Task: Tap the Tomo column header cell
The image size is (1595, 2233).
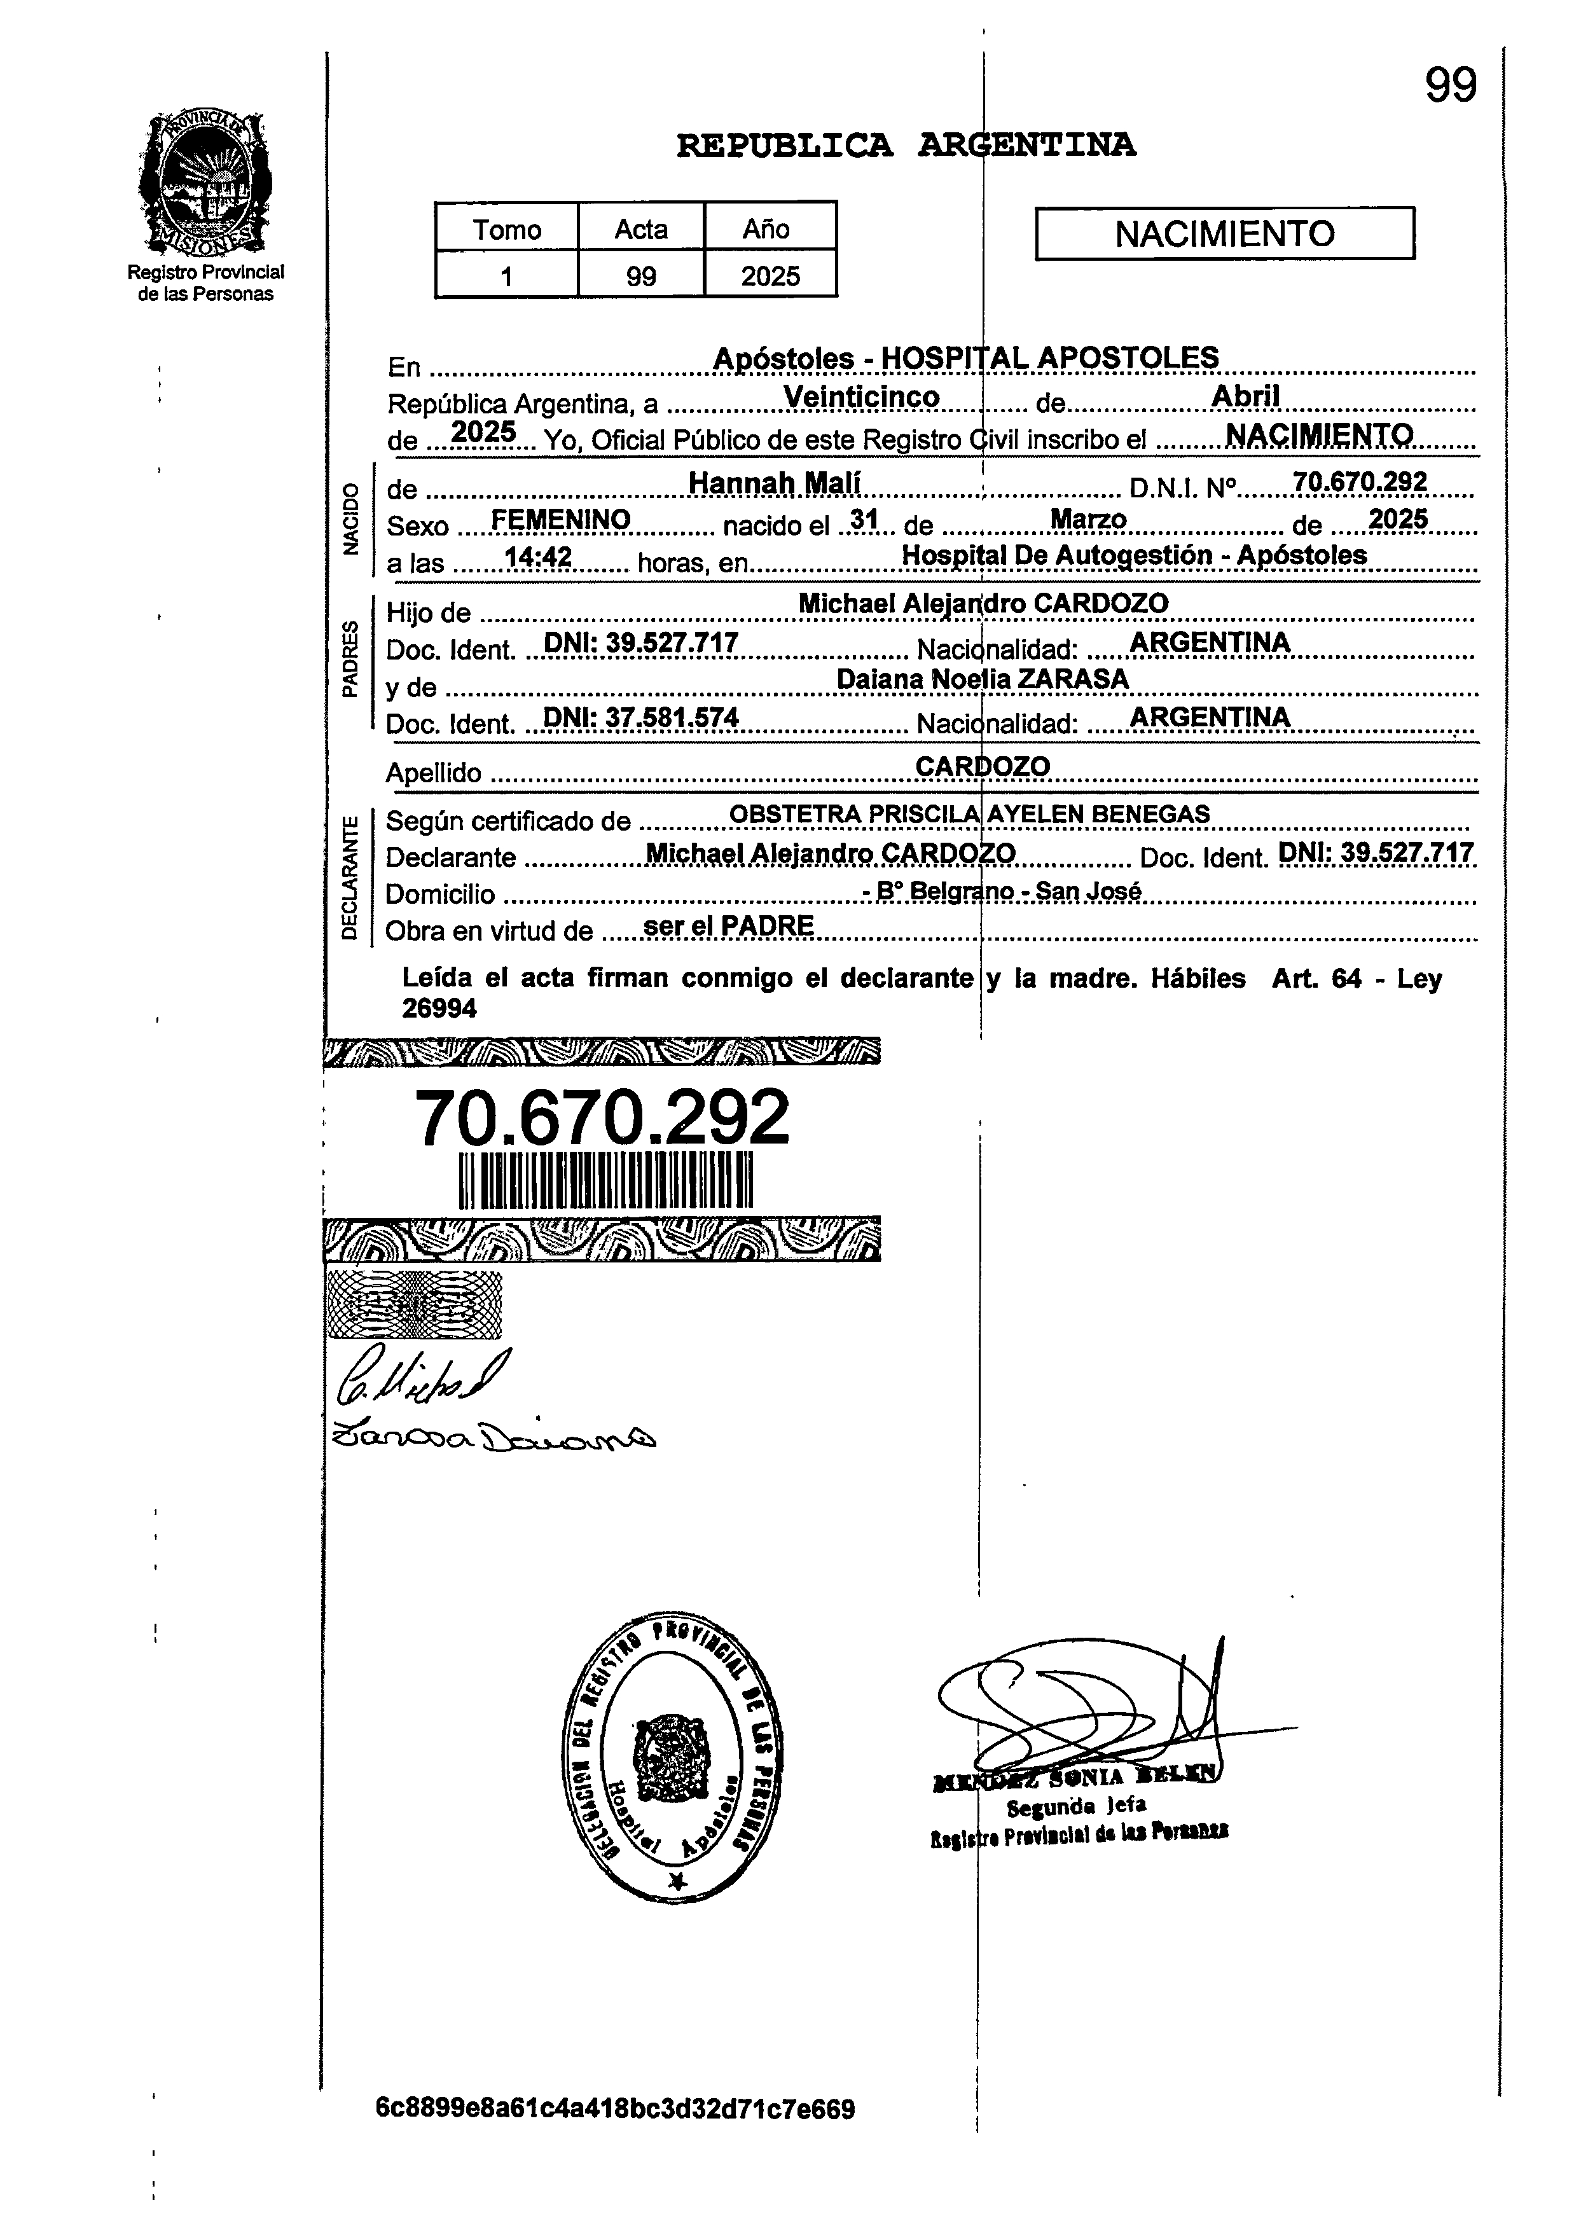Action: (507, 229)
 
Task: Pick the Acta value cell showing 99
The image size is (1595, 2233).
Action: (640, 276)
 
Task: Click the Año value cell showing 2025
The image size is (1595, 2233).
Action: (770, 276)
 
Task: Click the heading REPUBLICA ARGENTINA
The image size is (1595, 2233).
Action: (906, 146)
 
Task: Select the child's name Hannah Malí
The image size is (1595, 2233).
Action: (774, 482)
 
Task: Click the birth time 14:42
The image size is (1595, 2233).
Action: (537, 558)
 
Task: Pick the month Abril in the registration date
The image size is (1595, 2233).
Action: (1245, 396)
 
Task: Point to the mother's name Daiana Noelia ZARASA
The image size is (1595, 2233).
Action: (982, 679)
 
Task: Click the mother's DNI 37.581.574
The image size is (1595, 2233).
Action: (640, 718)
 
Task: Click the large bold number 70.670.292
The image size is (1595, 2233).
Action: (602, 1117)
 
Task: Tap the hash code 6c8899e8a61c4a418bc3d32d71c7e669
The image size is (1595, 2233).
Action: (615, 2109)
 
